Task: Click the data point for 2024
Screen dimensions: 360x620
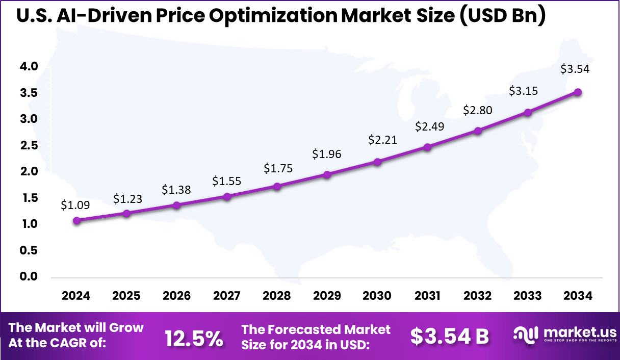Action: tap(76, 220)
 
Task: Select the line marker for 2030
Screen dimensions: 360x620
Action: tap(377, 162)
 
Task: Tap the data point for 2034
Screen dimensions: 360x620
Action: tap(578, 92)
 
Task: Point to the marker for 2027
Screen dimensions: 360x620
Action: tap(227, 196)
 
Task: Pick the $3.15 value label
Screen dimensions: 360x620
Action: tap(524, 91)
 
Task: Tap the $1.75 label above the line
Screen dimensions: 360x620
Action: tap(278, 169)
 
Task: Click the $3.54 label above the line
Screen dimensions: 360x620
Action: tap(575, 69)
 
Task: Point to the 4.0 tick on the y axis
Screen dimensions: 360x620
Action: tap(29, 66)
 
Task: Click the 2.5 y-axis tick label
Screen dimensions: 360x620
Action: tap(29, 145)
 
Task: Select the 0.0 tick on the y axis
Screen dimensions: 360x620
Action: tap(29, 276)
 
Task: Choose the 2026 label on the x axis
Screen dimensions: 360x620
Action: tap(176, 296)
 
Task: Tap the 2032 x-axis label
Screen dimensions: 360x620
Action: tap(478, 296)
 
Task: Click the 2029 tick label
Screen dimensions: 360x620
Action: tap(327, 296)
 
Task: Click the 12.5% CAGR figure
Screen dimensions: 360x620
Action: tap(194, 338)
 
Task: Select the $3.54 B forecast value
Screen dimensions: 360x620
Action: tap(450, 337)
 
